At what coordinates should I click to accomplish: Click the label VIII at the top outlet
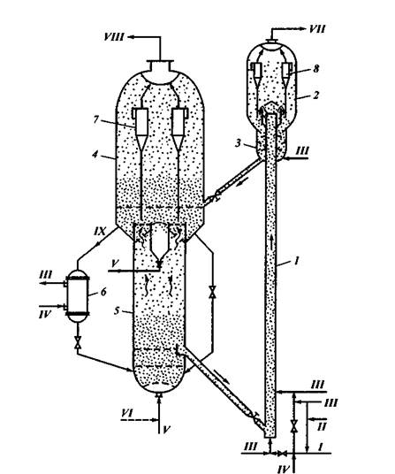coord(114,37)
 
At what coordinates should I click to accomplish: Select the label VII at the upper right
coord(317,29)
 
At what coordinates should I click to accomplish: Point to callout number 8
coord(315,69)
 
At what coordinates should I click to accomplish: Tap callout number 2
coord(315,95)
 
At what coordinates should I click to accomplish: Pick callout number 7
coord(95,119)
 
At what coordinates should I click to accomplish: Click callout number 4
coord(95,154)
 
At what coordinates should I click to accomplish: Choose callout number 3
coord(239,142)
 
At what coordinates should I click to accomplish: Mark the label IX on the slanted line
coord(100,232)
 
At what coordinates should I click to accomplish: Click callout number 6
coord(103,292)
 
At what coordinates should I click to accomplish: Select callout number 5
coord(118,310)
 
